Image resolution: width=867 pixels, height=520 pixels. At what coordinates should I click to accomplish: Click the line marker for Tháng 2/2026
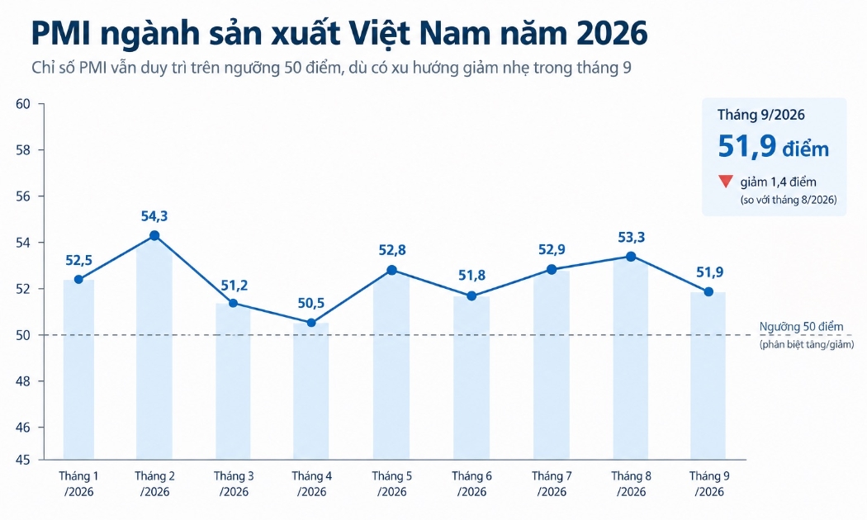(154, 235)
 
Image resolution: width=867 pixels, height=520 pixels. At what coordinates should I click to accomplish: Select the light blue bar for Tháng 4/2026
(310, 391)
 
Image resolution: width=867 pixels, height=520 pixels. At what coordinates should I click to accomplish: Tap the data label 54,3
(154, 216)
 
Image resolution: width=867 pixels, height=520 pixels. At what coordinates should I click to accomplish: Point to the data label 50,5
(310, 303)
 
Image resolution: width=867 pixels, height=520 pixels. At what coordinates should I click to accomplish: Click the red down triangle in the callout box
(726, 182)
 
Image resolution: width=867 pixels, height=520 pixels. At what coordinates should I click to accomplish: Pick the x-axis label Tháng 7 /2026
(552, 484)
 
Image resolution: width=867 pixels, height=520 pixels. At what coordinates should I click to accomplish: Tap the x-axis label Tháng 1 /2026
(78, 484)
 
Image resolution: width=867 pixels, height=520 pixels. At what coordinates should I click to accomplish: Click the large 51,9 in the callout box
(747, 147)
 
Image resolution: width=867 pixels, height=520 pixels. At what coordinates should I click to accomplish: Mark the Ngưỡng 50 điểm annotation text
(801, 327)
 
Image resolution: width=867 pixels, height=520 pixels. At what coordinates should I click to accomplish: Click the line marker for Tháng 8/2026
(631, 257)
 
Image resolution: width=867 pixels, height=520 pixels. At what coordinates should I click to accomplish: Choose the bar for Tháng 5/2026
(391, 366)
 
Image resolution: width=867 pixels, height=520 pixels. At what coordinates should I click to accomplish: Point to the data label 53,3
(632, 237)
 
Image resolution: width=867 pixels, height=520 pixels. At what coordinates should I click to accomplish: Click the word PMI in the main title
(61, 33)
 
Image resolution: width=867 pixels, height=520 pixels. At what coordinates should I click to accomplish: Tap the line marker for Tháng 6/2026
(471, 296)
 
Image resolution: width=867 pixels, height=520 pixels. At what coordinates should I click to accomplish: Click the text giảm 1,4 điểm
(778, 182)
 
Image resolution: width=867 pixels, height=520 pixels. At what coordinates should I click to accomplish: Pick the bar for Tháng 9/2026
(708, 376)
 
